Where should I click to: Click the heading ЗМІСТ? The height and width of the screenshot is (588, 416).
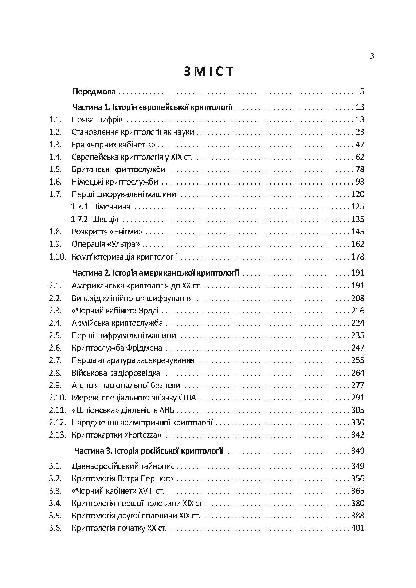(208, 71)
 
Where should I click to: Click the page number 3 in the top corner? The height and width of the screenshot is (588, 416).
(372, 56)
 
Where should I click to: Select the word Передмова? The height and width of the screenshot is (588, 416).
(94, 91)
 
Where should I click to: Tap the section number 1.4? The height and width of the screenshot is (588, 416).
(55, 157)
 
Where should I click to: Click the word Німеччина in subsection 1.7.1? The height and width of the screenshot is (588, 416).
(111, 207)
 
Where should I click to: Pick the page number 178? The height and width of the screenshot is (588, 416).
(357, 257)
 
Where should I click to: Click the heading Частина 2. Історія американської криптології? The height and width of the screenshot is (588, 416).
(156, 273)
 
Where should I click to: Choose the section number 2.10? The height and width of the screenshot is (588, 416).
(57, 398)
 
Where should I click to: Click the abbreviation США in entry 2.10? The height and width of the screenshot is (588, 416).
(188, 398)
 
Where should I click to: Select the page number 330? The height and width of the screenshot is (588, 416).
(357, 423)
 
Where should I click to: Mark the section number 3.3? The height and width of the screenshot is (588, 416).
(55, 491)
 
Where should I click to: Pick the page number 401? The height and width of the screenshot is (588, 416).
(357, 528)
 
